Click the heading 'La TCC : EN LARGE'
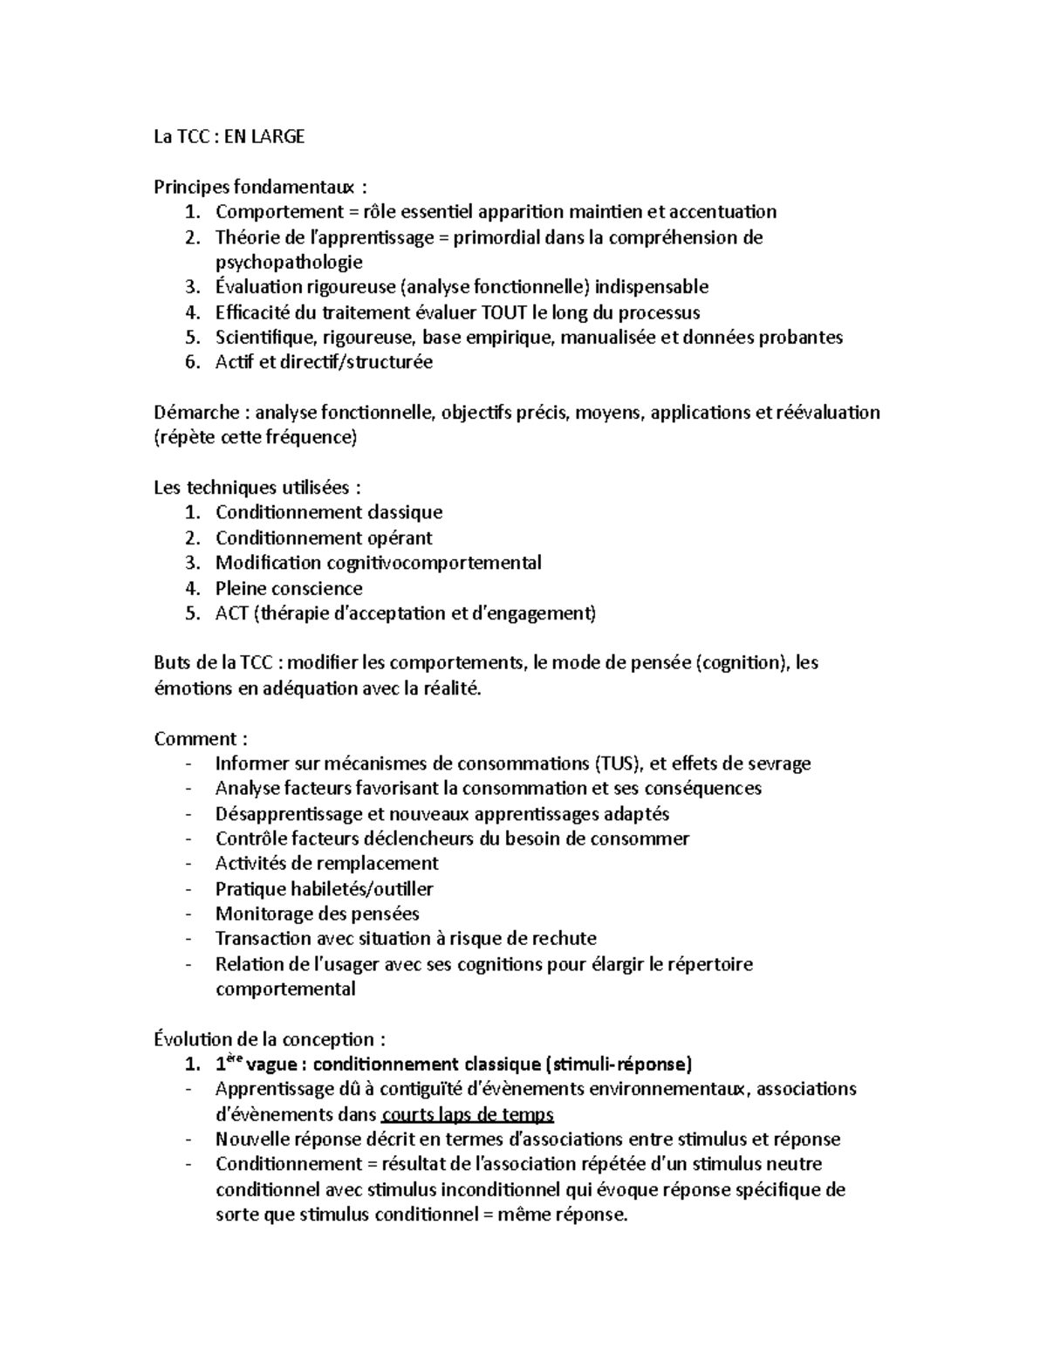tap(229, 136)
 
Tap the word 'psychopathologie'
tap(289, 262)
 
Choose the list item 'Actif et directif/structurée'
tap(324, 362)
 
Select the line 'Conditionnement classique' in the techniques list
tap(329, 512)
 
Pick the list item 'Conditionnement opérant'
tap(324, 537)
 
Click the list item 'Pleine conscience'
tap(289, 588)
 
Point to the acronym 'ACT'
tap(231, 613)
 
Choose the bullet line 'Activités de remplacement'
tap(326, 864)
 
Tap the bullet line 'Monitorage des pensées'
tap(317, 914)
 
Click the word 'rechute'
tap(564, 939)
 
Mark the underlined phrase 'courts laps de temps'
tap(468, 1114)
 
